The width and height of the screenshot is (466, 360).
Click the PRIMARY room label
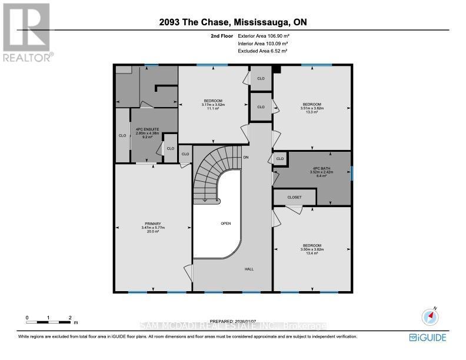click(152, 228)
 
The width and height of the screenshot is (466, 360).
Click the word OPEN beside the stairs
click(225, 224)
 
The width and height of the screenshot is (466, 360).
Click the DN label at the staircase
click(247, 157)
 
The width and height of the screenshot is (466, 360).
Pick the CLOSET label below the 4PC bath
click(294, 198)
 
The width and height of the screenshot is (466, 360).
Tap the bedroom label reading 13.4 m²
click(312, 249)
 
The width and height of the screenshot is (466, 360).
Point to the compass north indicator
click(430, 316)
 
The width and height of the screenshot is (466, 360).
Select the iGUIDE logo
click(427, 338)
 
